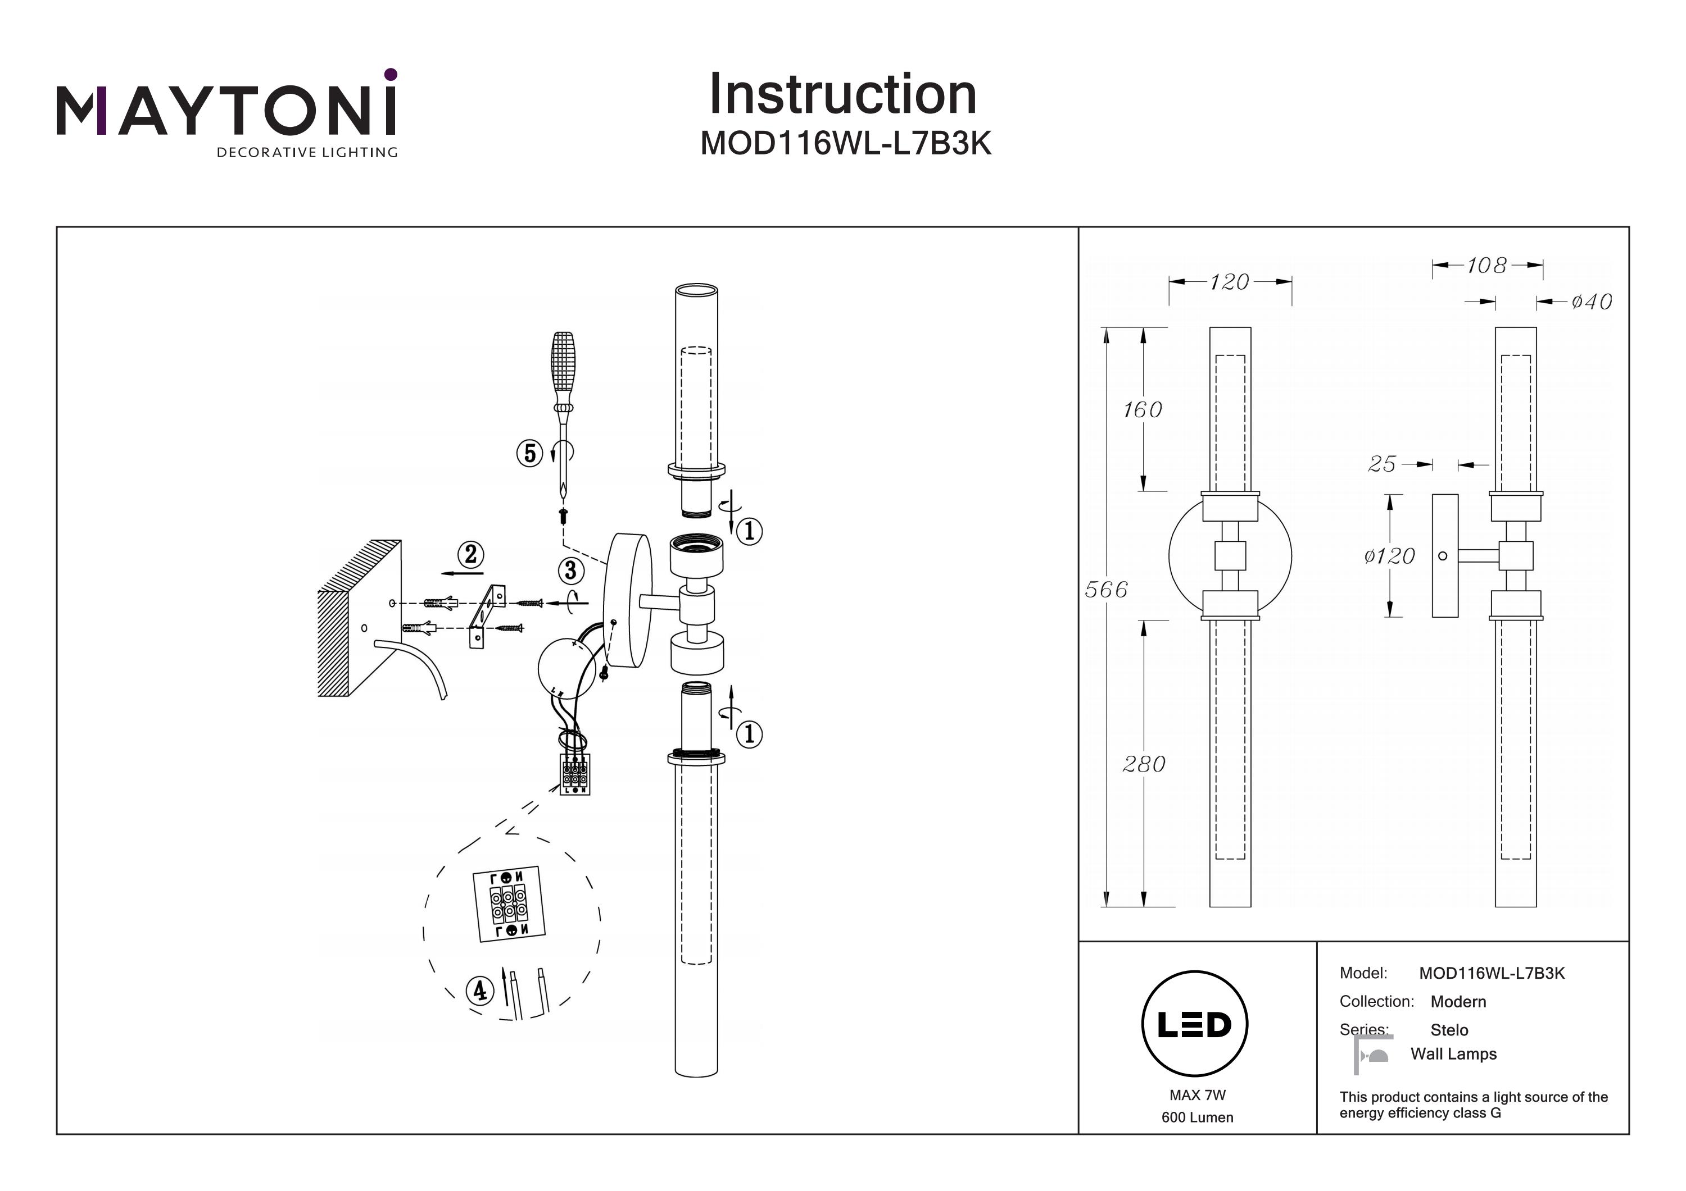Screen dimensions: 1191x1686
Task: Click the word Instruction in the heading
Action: [x=842, y=95]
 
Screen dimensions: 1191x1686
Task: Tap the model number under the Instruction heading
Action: [x=845, y=144]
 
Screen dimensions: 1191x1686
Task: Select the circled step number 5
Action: [x=529, y=454]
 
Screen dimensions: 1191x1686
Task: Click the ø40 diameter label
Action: [x=1591, y=302]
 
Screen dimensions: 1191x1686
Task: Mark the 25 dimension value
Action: [x=1382, y=464]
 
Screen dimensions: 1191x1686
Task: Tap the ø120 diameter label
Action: [x=1389, y=556]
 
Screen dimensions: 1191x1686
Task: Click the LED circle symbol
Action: [x=1195, y=1024]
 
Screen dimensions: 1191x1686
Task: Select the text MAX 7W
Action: [x=1197, y=1095]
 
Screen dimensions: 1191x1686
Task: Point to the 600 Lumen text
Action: [x=1197, y=1117]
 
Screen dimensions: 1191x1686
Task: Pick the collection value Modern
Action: [x=1458, y=1002]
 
